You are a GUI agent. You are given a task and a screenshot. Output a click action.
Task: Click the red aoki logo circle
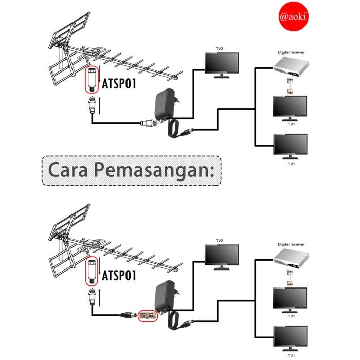coord(294,17)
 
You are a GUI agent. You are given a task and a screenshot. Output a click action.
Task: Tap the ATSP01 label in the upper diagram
coord(119,83)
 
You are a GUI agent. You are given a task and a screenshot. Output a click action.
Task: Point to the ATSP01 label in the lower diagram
coord(119,275)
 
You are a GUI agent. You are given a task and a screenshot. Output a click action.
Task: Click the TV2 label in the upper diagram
coord(220,49)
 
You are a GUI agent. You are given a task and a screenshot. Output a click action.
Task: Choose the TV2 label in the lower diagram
coord(220,241)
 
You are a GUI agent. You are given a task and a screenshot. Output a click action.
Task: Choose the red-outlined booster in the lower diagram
coord(92,271)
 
